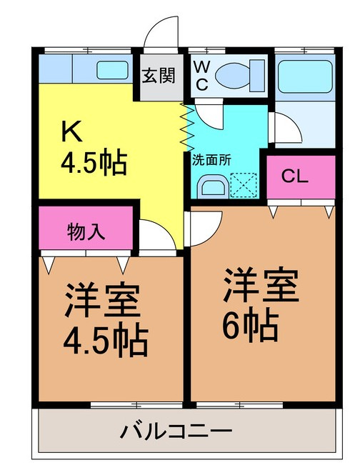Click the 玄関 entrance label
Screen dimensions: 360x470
tap(159, 75)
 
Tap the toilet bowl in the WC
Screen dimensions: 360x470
tap(240, 76)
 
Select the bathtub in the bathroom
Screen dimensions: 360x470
tap(305, 76)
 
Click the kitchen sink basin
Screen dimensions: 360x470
tap(112, 70)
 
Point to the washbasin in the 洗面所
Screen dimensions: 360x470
tap(213, 186)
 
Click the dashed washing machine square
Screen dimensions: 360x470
tap(244, 185)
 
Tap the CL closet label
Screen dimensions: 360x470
tap(295, 177)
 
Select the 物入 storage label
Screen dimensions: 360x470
tap(86, 232)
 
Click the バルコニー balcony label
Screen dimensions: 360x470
tap(176, 431)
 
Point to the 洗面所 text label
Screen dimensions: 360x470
tap(211, 160)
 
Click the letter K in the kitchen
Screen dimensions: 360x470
tap(71, 131)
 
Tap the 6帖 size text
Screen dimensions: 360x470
tap(250, 326)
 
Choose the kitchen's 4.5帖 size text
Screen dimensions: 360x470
tap(94, 164)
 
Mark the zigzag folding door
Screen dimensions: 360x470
tap(185, 127)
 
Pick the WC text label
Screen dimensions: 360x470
tap(201, 76)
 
